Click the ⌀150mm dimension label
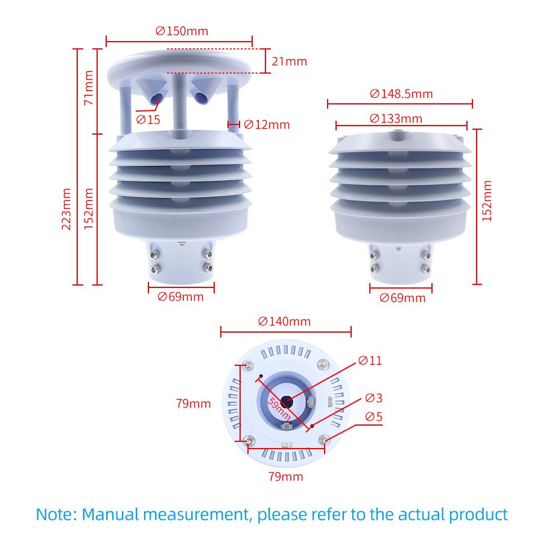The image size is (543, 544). tap(182, 31)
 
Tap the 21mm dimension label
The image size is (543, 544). tap(289, 61)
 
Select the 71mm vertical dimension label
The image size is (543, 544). tap(89, 88)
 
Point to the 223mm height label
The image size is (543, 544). tap(66, 208)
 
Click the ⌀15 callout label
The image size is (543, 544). tap(148, 120)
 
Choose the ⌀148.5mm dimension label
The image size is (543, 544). tap(401, 94)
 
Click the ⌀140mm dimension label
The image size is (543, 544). tap(284, 321)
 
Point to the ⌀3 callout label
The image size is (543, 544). tap(373, 398)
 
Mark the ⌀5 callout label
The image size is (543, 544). tap(373, 417)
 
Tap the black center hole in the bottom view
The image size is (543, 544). tap(286, 400)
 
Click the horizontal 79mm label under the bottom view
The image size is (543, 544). tap(285, 477)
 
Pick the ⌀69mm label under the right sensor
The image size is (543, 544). tap(402, 298)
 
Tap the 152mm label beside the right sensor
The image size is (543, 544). tap(487, 200)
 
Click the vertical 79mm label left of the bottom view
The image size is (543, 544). tap(194, 403)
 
